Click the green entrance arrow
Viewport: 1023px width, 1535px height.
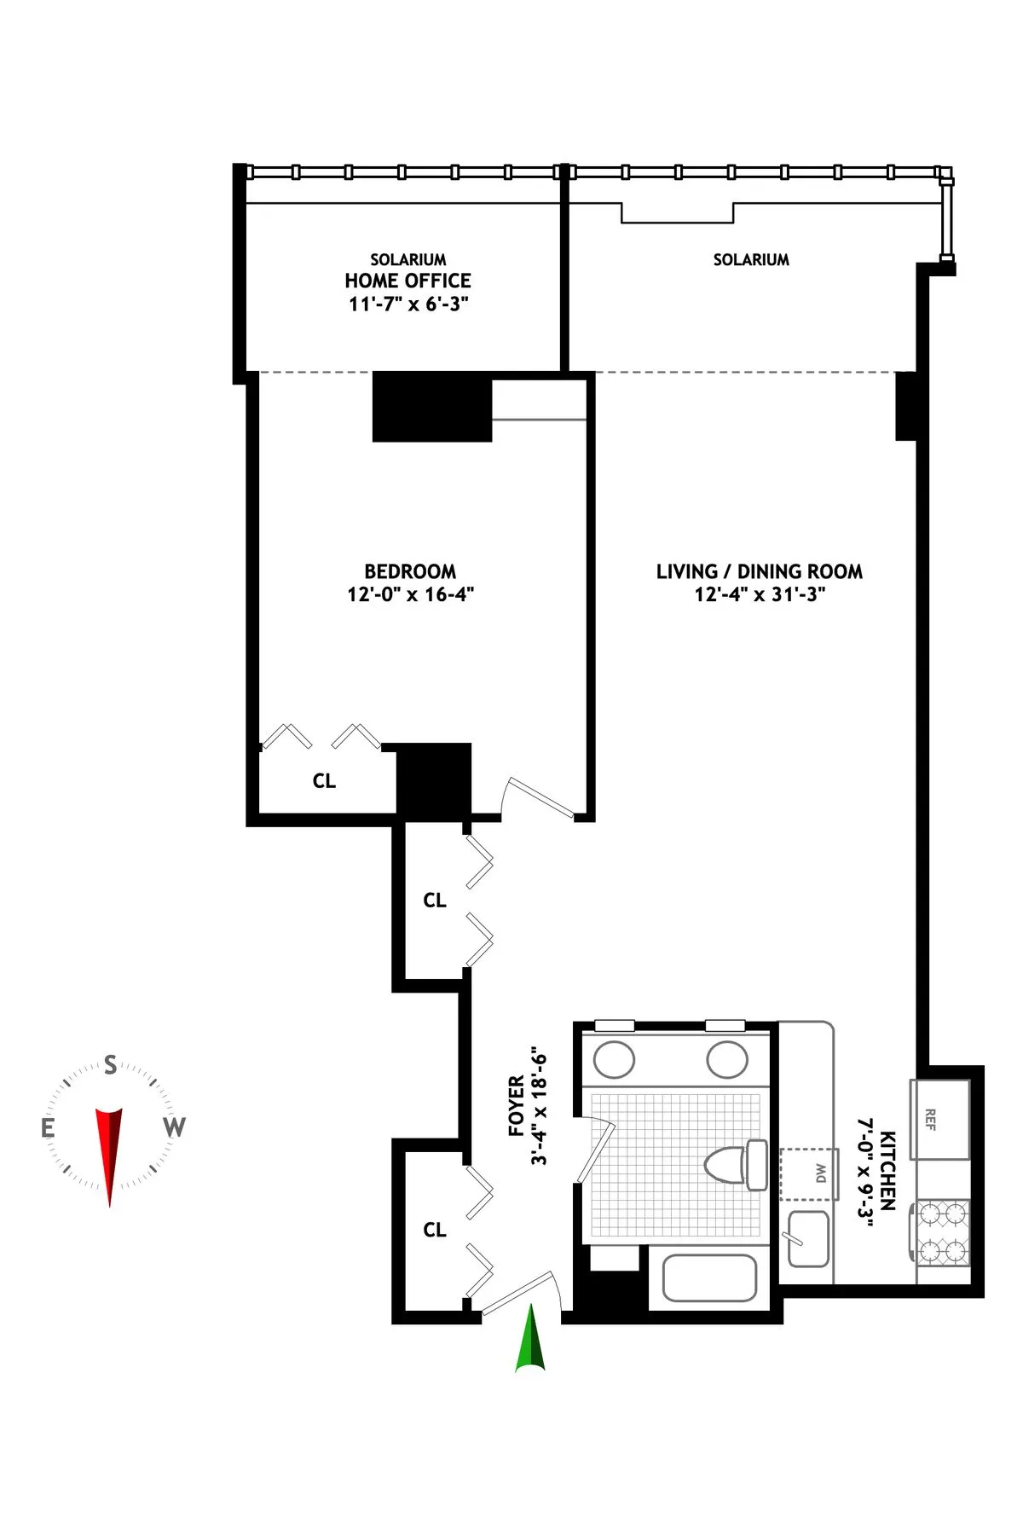click(x=529, y=1340)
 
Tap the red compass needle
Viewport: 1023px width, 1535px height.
click(x=109, y=1147)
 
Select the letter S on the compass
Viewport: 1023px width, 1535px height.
click(x=110, y=1064)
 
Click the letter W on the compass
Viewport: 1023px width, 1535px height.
click(x=174, y=1127)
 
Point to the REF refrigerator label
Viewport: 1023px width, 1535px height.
click(x=931, y=1119)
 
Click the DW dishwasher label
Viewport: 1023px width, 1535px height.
click(x=820, y=1173)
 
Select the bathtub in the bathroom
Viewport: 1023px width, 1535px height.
click(x=709, y=1277)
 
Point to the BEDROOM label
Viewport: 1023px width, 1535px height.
click(x=410, y=571)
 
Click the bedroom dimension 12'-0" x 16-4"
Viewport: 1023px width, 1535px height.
click(x=410, y=594)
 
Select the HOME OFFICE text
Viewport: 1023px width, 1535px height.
click(x=407, y=281)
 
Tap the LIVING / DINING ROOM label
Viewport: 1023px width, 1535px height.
click(x=759, y=571)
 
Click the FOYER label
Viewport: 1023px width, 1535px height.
click(x=517, y=1106)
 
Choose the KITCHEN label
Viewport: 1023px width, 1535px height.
click(x=887, y=1170)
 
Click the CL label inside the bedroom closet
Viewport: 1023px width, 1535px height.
click(x=324, y=781)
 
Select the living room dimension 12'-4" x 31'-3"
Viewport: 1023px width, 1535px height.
click(x=759, y=594)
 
